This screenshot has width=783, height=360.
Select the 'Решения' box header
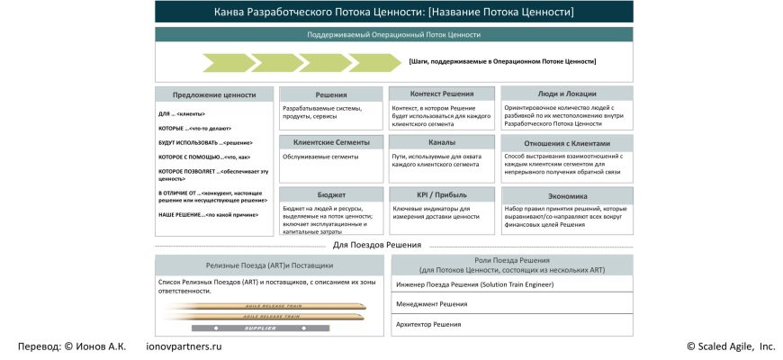coord(331,94)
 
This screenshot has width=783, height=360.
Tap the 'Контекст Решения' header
coord(441,94)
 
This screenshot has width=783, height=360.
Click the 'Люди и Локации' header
coord(567,94)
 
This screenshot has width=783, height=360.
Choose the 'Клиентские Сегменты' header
coord(331,142)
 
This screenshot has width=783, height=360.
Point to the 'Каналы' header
coord(441,142)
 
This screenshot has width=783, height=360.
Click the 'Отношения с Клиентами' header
coord(567,143)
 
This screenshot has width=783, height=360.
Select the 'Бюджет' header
coord(331,194)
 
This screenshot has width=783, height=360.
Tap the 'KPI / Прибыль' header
coord(441,194)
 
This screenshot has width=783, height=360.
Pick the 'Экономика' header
coord(567,195)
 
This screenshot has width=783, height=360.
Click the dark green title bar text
coord(393,13)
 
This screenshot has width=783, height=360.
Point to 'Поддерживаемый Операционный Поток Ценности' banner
coord(393,35)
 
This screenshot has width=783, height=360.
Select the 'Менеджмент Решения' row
coord(512,304)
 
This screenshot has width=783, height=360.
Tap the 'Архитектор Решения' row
coord(512,324)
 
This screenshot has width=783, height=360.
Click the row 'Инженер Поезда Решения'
coord(512,284)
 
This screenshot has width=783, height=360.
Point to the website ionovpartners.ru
coord(184,346)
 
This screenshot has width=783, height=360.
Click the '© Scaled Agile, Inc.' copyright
coord(730,346)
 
